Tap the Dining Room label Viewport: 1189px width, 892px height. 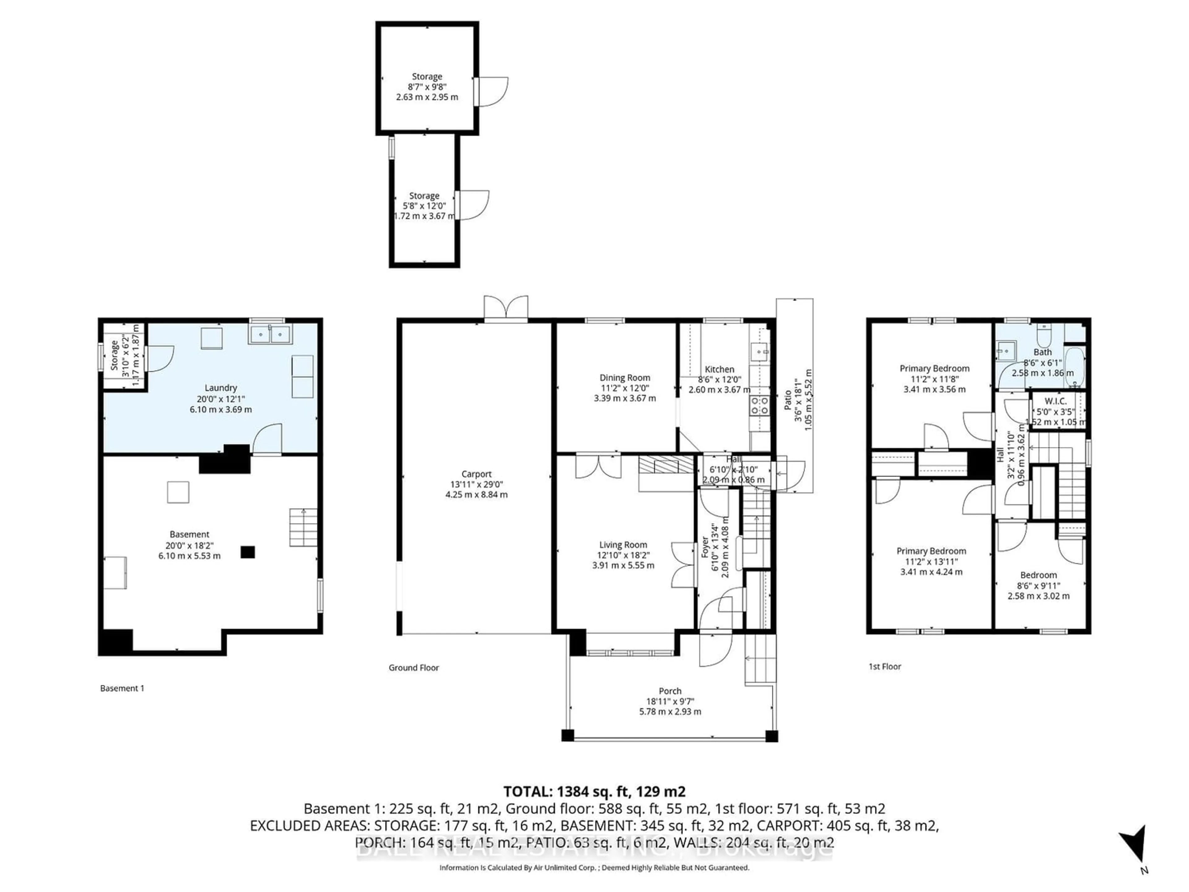(625, 378)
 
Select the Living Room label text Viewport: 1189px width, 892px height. (623, 545)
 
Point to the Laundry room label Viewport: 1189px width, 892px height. (220, 388)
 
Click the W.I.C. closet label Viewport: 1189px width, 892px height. (1056, 401)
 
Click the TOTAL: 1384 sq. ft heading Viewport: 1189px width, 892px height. (594, 791)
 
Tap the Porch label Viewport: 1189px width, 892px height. (670, 691)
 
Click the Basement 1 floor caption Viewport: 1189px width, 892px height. (122, 688)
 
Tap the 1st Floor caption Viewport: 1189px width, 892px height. (885, 666)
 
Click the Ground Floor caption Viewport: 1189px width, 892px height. (414, 668)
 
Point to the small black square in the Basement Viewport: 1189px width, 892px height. (247, 552)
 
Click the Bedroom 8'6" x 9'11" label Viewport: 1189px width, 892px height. (1039, 575)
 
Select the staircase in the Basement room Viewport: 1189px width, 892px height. (303, 527)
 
